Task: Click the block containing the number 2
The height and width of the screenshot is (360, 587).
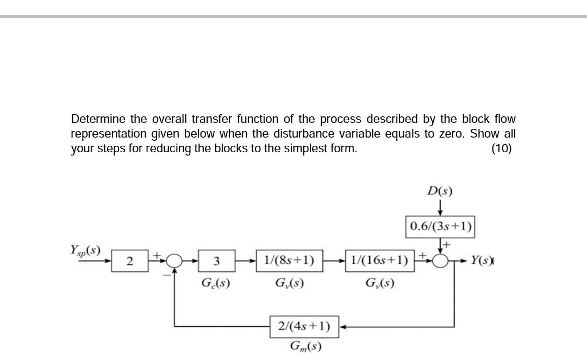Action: [x=129, y=262]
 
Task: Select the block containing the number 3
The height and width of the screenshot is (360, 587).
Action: [x=216, y=262]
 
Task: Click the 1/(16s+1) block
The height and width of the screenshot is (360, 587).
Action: [x=379, y=260]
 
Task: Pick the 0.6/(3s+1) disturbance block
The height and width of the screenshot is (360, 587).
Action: [x=440, y=226]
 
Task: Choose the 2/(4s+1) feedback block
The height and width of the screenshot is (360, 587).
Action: [x=304, y=326]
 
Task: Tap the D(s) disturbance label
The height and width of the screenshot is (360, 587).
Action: [x=440, y=191]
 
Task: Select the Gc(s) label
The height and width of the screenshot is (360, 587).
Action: [x=215, y=283]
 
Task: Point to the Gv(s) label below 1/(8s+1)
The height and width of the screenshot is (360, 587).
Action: [x=289, y=283]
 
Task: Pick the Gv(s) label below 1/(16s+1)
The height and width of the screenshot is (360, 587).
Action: [x=379, y=283]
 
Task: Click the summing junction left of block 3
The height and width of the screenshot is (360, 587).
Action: [x=174, y=261]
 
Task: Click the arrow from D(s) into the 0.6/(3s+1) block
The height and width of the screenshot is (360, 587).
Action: [x=440, y=208]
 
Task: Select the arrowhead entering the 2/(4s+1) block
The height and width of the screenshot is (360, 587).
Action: [x=342, y=327]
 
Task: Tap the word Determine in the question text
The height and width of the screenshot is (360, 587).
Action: [x=98, y=119]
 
